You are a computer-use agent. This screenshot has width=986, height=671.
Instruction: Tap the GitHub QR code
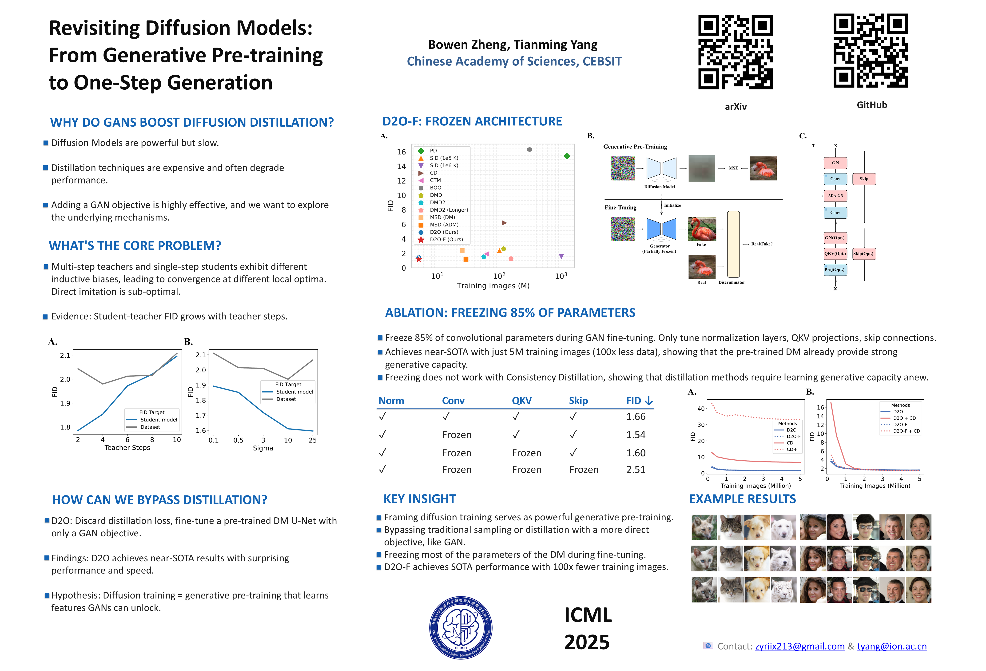(x=870, y=51)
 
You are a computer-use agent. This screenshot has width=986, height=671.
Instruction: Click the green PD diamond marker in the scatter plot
(x=566, y=156)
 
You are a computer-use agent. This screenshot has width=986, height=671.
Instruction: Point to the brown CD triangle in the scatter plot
(x=504, y=223)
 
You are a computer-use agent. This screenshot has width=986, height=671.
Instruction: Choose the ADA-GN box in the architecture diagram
(x=835, y=196)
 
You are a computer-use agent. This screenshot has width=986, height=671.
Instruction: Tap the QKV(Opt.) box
(x=835, y=254)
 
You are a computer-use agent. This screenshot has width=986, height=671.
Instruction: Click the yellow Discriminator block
(x=733, y=244)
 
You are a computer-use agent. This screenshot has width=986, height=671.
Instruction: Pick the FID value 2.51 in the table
(x=636, y=469)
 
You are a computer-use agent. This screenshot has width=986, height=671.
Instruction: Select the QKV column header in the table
(x=521, y=401)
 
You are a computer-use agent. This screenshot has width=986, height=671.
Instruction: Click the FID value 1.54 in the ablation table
(x=636, y=435)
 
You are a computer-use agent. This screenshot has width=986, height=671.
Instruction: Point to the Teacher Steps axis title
(x=127, y=447)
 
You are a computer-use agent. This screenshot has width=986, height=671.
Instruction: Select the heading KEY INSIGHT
(x=420, y=499)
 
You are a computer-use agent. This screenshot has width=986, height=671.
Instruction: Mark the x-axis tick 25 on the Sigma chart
(x=313, y=440)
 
